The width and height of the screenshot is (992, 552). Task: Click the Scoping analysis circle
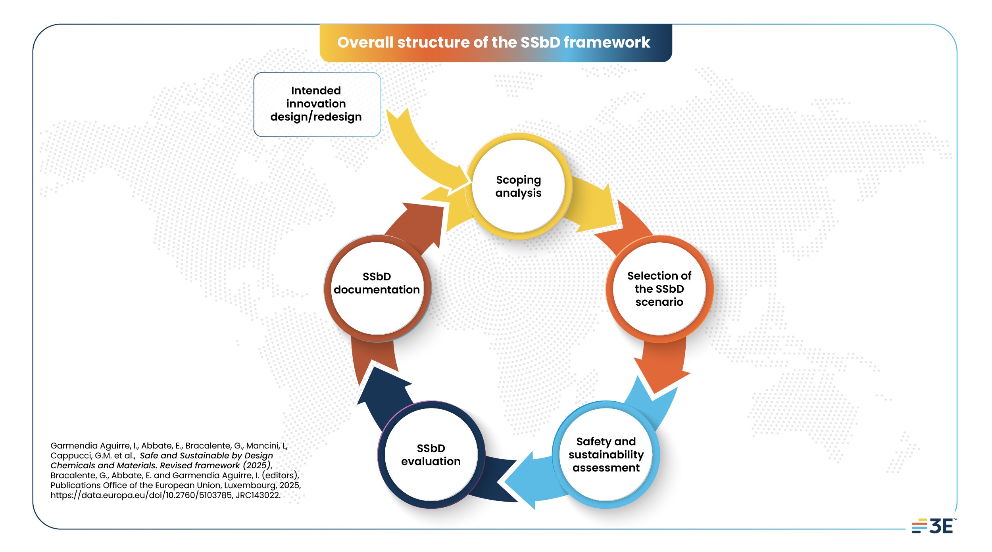coord(518,186)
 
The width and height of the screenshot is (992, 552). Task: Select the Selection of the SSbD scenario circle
coord(659,289)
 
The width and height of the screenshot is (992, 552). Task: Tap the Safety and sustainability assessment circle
coord(606,454)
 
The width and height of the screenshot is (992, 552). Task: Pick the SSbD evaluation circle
coord(431,454)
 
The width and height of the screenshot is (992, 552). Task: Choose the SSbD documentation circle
coord(377,288)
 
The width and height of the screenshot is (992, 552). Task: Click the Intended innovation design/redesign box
coord(317,104)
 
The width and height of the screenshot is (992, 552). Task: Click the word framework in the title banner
coord(607,42)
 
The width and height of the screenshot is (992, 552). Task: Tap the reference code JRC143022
coord(258,495)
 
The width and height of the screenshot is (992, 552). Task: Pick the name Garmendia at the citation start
coord(70,445)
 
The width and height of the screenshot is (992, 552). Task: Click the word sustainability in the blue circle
coord(606,454)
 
